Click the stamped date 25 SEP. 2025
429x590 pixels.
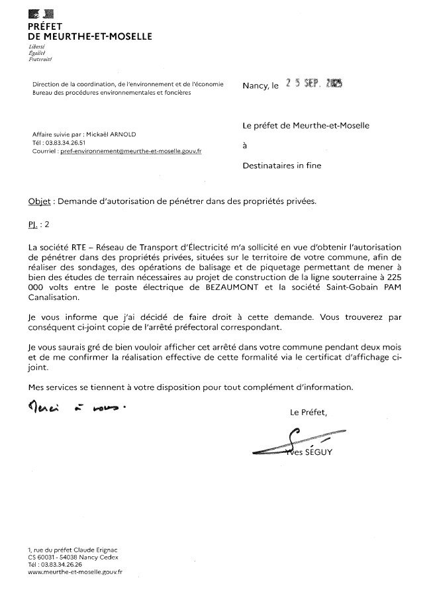[x=309, y=85]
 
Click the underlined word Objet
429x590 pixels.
[x=39, y=201]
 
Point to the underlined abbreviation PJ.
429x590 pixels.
[x=33, y=224]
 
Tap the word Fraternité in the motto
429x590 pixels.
[x=40, y=60]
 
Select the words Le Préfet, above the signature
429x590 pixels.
[x=309, y=413]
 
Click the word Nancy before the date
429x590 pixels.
[x=255, y=86]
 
